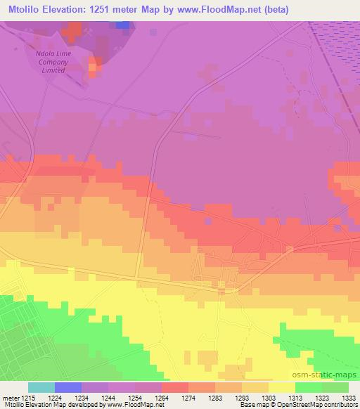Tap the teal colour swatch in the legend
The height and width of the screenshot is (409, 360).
point(41,387)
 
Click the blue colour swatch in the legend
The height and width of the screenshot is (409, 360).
point(68,387)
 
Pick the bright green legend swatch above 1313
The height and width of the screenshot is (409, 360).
point(309,387)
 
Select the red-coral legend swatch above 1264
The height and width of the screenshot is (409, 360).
point(175,387)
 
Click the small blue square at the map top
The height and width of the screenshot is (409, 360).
point(123,25)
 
